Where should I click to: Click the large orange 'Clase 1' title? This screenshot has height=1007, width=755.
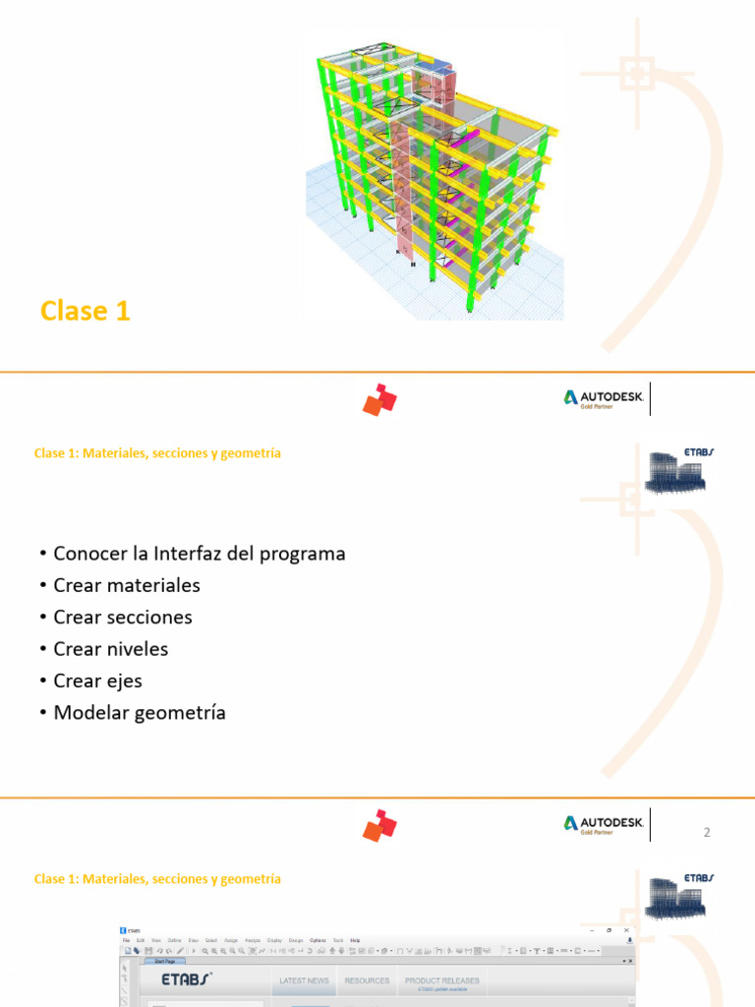86,311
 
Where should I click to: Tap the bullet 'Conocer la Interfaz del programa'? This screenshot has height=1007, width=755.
200,554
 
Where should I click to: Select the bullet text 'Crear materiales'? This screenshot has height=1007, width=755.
127,585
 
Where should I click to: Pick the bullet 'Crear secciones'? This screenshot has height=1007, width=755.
123,618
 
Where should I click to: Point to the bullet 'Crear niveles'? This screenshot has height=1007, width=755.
111,649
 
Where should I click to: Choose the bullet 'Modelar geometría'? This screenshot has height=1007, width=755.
140,713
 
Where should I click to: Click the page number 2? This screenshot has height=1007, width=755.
706,833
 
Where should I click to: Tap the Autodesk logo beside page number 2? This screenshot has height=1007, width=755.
604,824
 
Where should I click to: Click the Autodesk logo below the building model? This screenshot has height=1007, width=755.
604,398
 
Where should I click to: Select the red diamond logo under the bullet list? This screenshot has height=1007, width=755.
379,825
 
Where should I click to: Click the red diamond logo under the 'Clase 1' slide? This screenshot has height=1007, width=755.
379,399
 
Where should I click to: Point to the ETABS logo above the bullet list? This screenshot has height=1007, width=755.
680,469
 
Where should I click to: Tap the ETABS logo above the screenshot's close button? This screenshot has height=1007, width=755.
680,895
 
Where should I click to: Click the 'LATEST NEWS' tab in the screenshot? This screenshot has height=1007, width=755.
304,980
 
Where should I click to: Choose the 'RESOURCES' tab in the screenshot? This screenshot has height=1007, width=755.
367,980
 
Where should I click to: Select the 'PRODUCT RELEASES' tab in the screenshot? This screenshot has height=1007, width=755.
442,980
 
